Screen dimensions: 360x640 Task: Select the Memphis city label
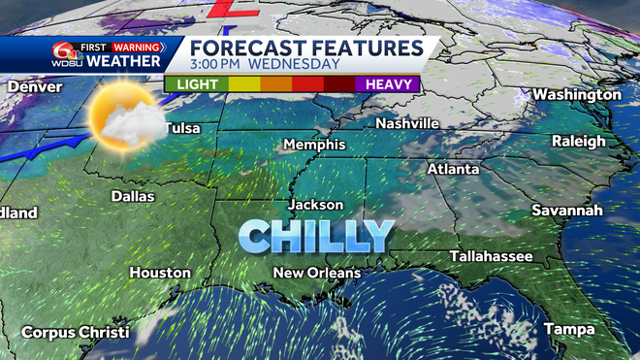313,145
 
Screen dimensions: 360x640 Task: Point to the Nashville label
408,123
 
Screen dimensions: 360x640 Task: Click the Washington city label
576,94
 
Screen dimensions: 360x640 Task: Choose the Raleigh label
578,141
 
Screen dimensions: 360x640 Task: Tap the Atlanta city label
453,169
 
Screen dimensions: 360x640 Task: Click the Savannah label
567,210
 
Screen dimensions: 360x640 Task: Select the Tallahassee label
491,255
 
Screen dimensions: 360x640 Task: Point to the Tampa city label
568,329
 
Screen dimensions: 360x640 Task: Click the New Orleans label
316,273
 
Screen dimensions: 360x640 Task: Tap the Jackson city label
316,205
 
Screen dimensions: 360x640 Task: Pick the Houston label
160,273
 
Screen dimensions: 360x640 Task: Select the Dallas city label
133,195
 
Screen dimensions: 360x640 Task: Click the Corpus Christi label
76,333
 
